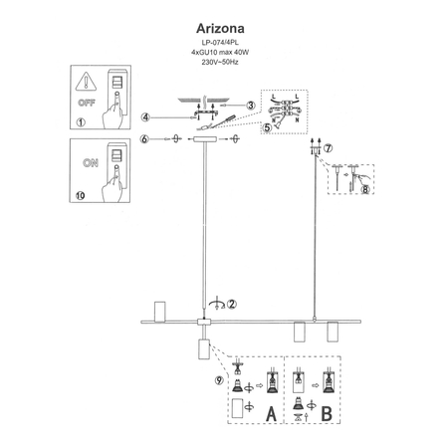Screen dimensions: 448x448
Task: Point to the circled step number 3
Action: tap(252, 105)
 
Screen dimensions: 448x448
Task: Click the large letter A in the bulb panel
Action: tap(271, 410)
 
